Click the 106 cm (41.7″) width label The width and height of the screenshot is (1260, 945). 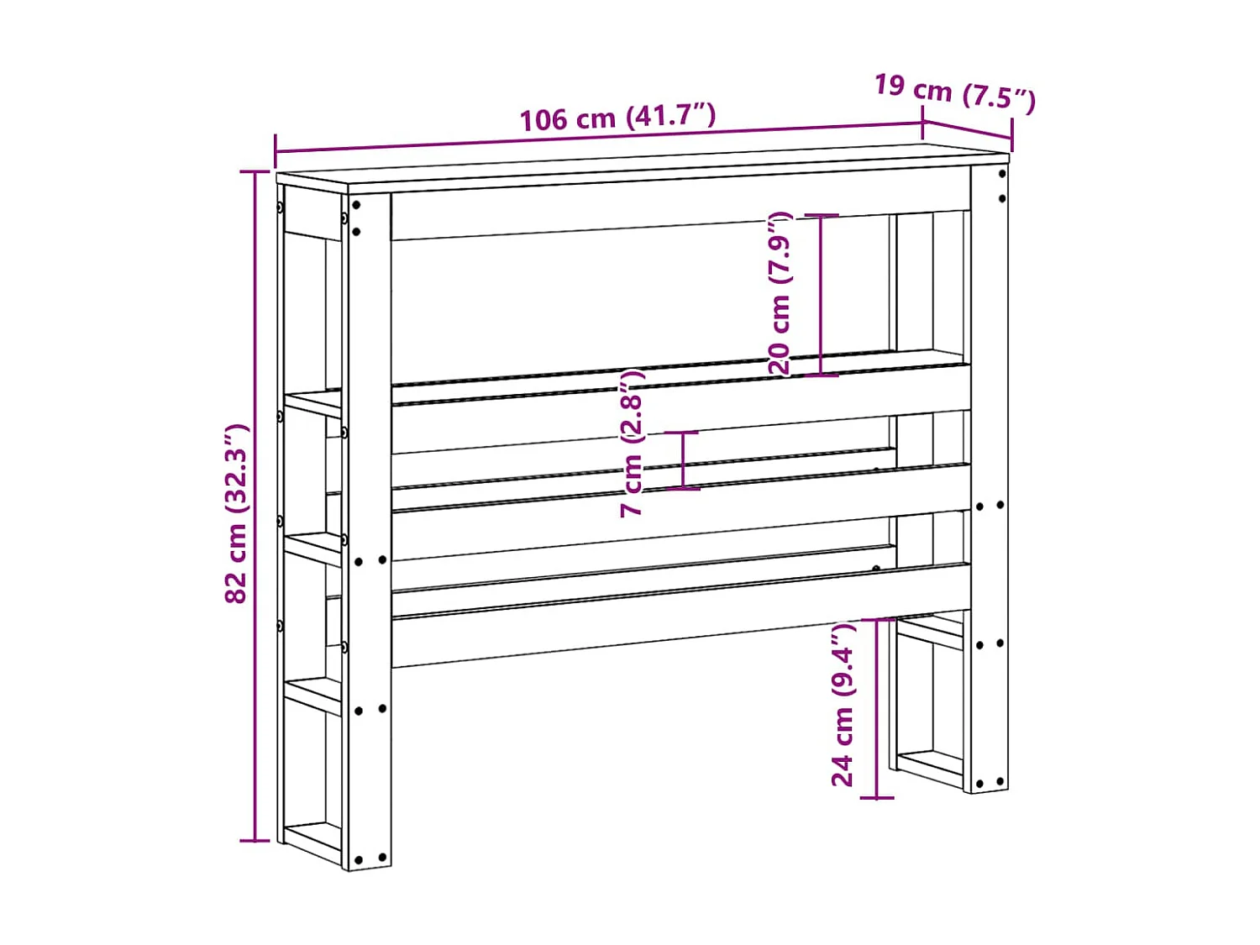tap(617, 117)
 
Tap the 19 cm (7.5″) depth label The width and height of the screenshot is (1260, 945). tap(955, 92)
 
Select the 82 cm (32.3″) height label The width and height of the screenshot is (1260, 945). tap(237, 513)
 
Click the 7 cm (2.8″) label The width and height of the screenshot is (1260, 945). tap(632, 443)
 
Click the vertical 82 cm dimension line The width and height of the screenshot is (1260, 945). tap(255, 504)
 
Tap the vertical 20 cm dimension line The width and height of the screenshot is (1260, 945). tap(822, 294)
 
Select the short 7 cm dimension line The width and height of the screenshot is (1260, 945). tap(683, 459)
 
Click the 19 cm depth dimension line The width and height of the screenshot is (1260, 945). tap(968, 129)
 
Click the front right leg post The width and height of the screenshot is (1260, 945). tap(990, 479)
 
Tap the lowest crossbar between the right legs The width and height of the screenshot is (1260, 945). tap(929, 764)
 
